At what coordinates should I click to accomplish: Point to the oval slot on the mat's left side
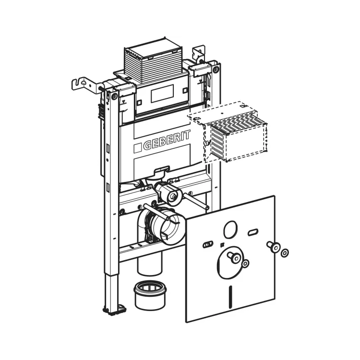207,244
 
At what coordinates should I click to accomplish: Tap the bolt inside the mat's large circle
235,258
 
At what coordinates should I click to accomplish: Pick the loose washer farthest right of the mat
285,252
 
